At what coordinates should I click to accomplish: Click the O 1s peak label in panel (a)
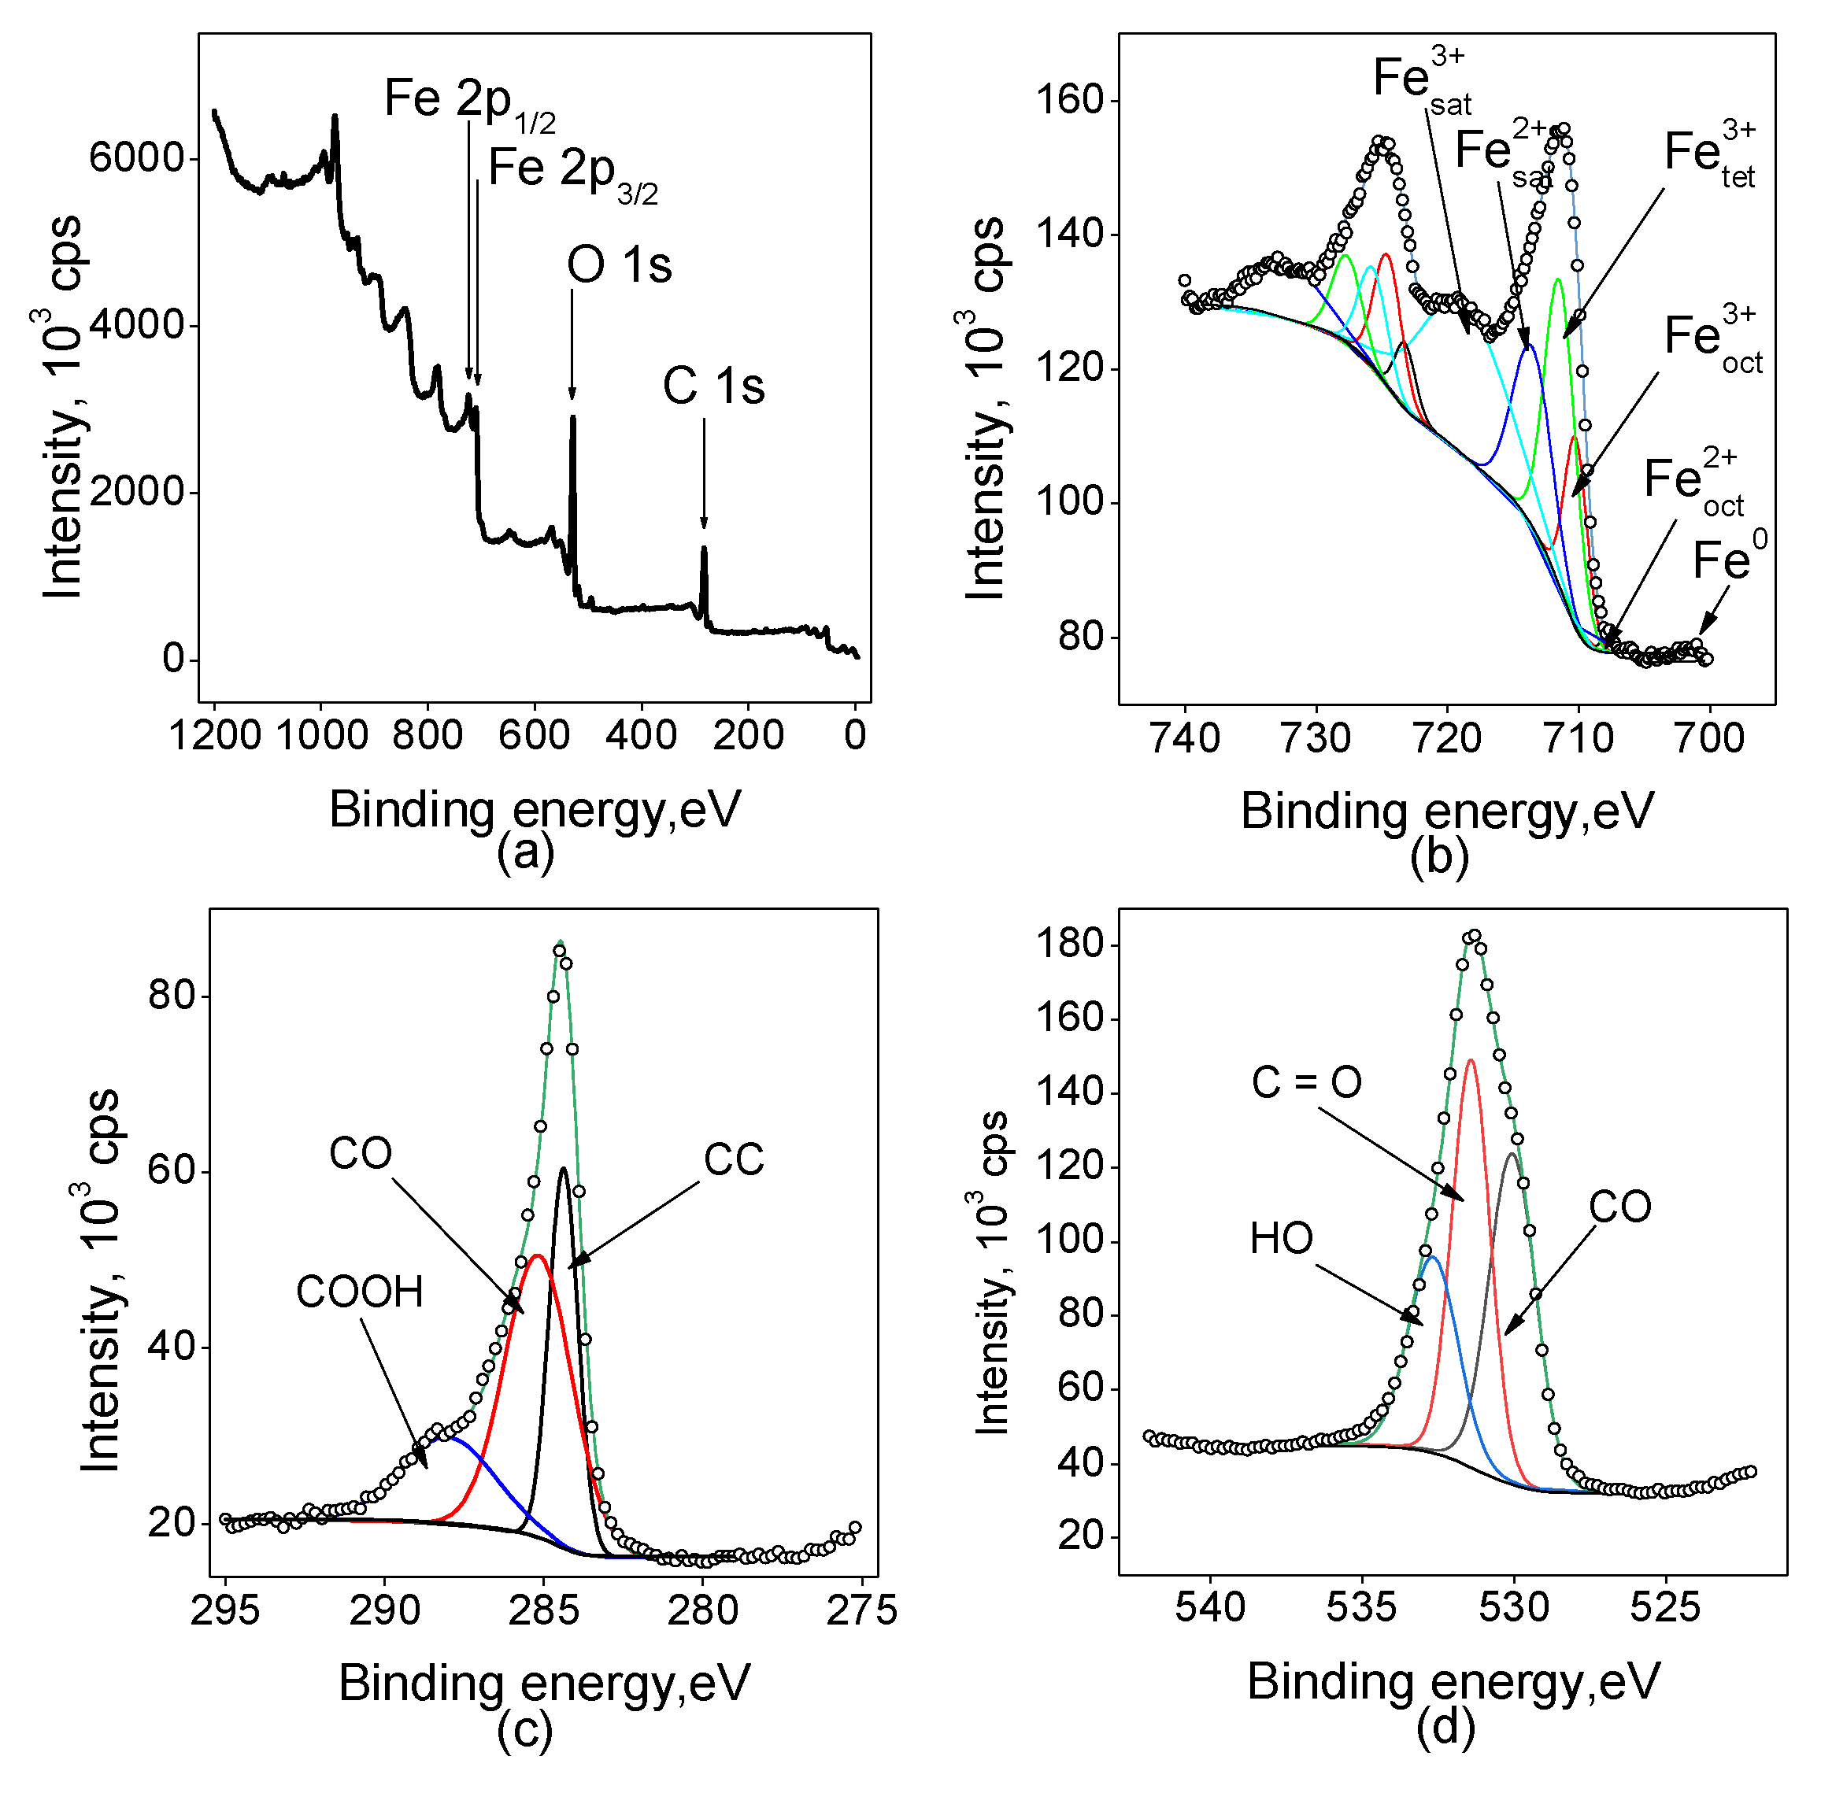click(619, 264)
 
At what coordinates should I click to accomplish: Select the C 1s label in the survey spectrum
click(713, 386)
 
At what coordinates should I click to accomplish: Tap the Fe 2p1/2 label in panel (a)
click(468, 102)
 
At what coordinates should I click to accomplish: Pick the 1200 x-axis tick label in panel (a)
click(215, 734)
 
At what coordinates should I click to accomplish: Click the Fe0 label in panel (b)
click(1729, 558)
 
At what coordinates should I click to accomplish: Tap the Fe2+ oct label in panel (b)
click(1692, 482)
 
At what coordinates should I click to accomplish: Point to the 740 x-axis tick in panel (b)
click(1185, 738)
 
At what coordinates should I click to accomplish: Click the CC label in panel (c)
click(733, 1160)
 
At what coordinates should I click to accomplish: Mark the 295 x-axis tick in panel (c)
click(225, 1610)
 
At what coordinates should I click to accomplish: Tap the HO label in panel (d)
click(1281, 1238)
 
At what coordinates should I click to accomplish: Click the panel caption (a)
click(524, 852)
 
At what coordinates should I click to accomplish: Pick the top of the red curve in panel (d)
click(1471, 1059)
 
